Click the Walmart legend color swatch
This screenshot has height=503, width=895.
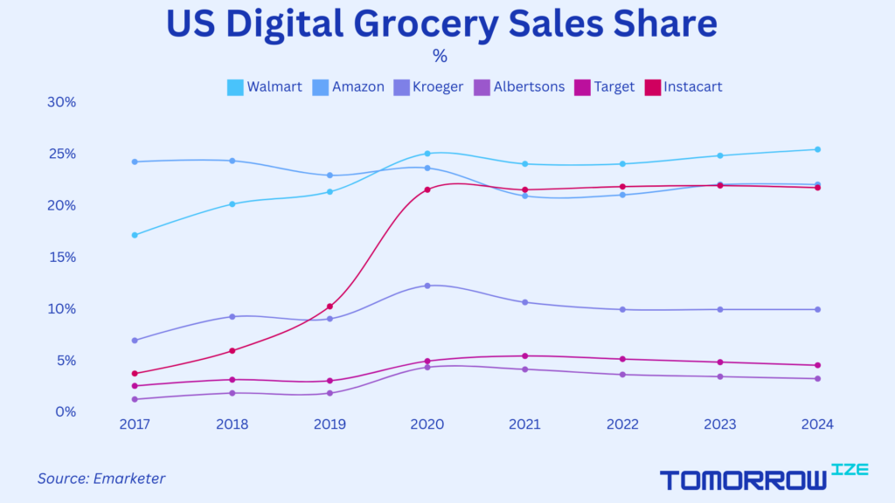coord(235,87)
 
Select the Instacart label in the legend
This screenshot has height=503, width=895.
coord(693,87)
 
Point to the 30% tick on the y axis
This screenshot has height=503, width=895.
coord(62,102)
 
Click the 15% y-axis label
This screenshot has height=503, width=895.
coord(62,258)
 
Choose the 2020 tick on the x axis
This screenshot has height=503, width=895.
coord(427,424)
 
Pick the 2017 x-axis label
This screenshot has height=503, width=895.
coord(135,424)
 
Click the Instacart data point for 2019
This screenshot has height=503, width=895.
coord(330,307)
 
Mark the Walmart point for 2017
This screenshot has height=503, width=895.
coord(135,235)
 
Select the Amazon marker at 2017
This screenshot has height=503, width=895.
coord(135,162)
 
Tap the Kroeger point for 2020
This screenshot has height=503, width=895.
coord(427,286)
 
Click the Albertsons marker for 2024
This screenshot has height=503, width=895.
coord(817,378)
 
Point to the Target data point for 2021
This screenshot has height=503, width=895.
coord(525,355)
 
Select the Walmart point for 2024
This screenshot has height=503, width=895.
coord(817,149)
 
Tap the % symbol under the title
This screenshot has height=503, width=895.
coord(440,57)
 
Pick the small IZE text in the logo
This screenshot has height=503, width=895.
coord(850,470)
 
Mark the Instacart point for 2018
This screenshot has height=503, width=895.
coord(232,351)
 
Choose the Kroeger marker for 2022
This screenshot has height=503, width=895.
coord(622,309)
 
